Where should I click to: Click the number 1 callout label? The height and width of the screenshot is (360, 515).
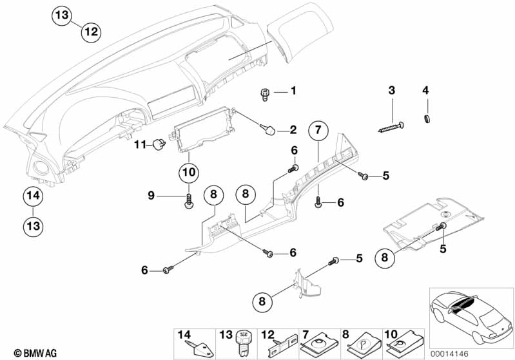(293, 91)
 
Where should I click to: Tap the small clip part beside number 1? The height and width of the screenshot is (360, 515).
(264, 94)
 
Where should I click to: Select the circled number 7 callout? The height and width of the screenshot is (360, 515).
(317, 131)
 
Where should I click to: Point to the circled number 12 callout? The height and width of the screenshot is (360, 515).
(91, 31)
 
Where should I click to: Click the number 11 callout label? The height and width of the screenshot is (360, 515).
(139, 145)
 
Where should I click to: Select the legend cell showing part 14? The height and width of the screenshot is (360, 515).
(191, 343)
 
